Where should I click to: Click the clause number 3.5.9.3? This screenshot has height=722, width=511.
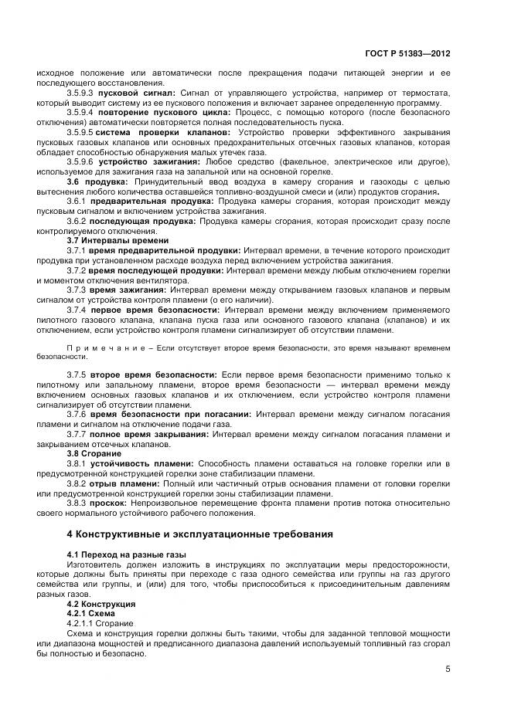(x=82, y=93)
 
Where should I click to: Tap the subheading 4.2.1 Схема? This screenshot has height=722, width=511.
(x=94, y=613)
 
